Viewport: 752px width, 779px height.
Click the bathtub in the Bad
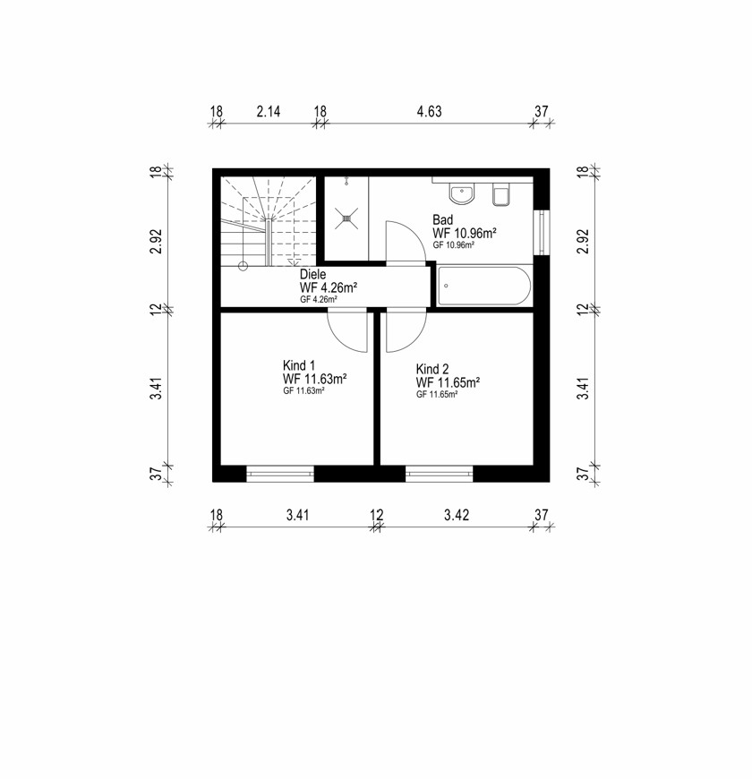point(483,286)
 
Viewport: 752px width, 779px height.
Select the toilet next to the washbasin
point(500,194)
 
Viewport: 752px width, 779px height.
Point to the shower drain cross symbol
point(346,218)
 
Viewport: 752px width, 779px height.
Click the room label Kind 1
point(298,365)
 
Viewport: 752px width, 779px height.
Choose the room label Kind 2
point(432,369)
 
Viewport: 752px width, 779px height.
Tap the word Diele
point(313,274)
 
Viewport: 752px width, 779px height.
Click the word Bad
point(442,219)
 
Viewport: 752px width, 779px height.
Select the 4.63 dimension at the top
point(429,111)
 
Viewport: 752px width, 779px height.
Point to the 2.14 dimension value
point(269,111)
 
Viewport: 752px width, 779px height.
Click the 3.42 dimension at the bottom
point(457,515)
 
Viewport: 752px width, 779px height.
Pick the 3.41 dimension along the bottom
point(297,515)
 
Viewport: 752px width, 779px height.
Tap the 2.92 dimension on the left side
point(157,241)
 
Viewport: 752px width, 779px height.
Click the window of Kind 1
point(280,474)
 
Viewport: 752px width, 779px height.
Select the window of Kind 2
point(439,474)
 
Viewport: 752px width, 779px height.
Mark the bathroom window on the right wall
point(542,233)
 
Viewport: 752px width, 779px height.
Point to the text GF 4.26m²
point(319,300)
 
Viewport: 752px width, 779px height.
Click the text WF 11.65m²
point(448,382)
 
